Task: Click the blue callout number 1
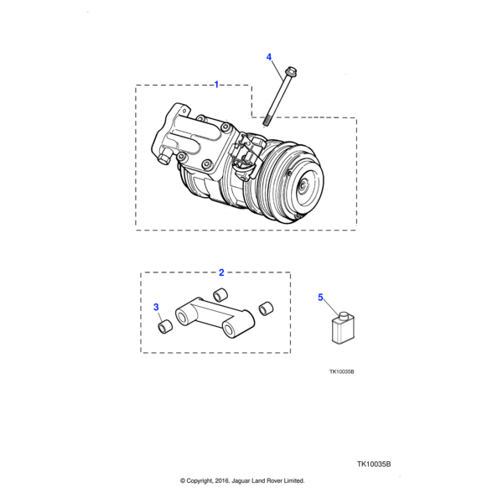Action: tap(216, 85)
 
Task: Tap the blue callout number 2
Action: tap(221, 272)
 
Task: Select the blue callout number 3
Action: tap(156, 307)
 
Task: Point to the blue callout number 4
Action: tap(269, 57)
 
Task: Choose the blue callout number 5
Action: tap(320, 298)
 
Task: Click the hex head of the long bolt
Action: tap(291, 71)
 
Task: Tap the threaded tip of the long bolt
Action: tap(267, 122)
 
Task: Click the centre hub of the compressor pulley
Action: tap(303, 186)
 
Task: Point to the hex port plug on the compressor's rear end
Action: tap(163, 158)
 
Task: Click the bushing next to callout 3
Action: tap(165, 327)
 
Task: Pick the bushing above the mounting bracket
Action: tap(220, 294)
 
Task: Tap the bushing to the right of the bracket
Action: tap(266, 309)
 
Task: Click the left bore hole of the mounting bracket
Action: tap(183, 318)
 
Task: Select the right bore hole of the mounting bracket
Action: tap(230, 329)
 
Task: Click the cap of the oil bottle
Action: tap(345, 316)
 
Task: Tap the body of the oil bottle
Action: tap(343, 332)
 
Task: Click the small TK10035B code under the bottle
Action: tap(342, 371)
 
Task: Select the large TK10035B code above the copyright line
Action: tap(374, 464)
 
